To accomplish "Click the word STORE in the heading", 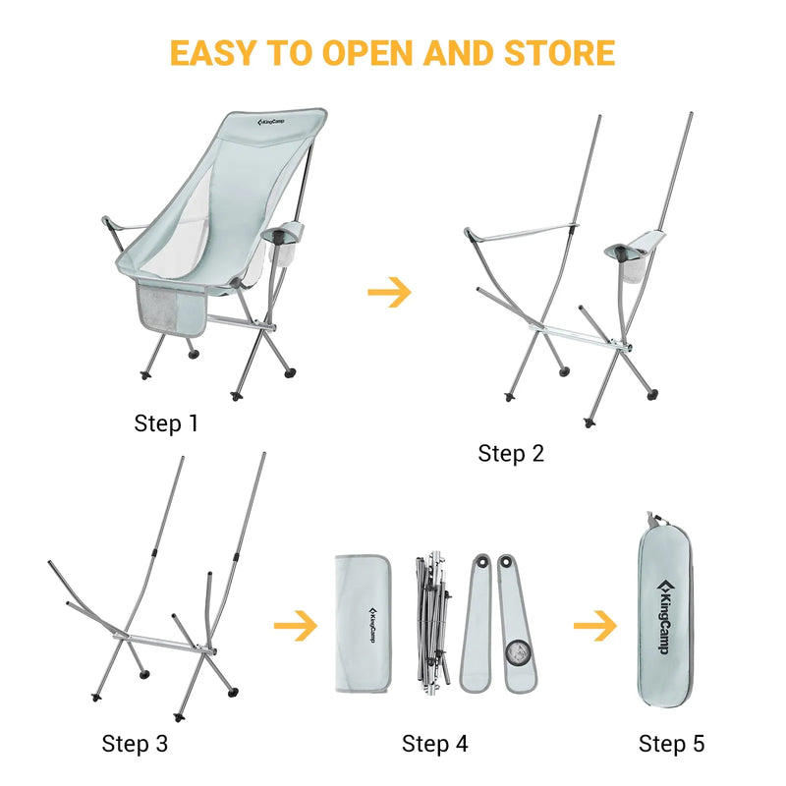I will coord(558,52).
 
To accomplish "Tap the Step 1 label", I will coord(166,424).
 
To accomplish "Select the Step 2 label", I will coord(511,453).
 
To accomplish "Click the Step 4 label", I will coord(434,744).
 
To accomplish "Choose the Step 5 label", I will coord(672,744).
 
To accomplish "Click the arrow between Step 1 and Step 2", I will coord(389,292).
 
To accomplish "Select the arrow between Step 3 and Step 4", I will coord(295,625).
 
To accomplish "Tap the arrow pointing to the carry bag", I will coord(595,625).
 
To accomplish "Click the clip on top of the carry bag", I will coord(651,520).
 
